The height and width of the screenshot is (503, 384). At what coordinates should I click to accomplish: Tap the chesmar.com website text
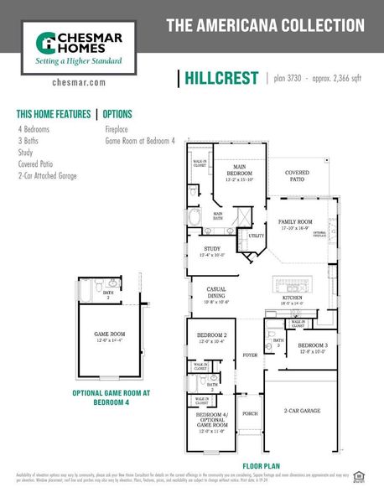point(78,83)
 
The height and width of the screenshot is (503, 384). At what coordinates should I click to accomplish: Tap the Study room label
point(212,250)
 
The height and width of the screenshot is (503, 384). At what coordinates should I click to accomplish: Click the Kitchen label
point(292,298)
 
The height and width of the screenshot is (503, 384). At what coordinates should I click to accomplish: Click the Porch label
point(250,413)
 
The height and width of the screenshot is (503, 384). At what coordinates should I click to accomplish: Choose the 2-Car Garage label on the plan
point(302,411)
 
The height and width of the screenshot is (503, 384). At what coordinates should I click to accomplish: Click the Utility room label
point(256,236)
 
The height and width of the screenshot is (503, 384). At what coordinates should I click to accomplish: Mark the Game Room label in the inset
point(109,335)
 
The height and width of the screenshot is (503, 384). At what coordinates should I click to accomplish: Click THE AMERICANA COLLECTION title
point(265,26)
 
